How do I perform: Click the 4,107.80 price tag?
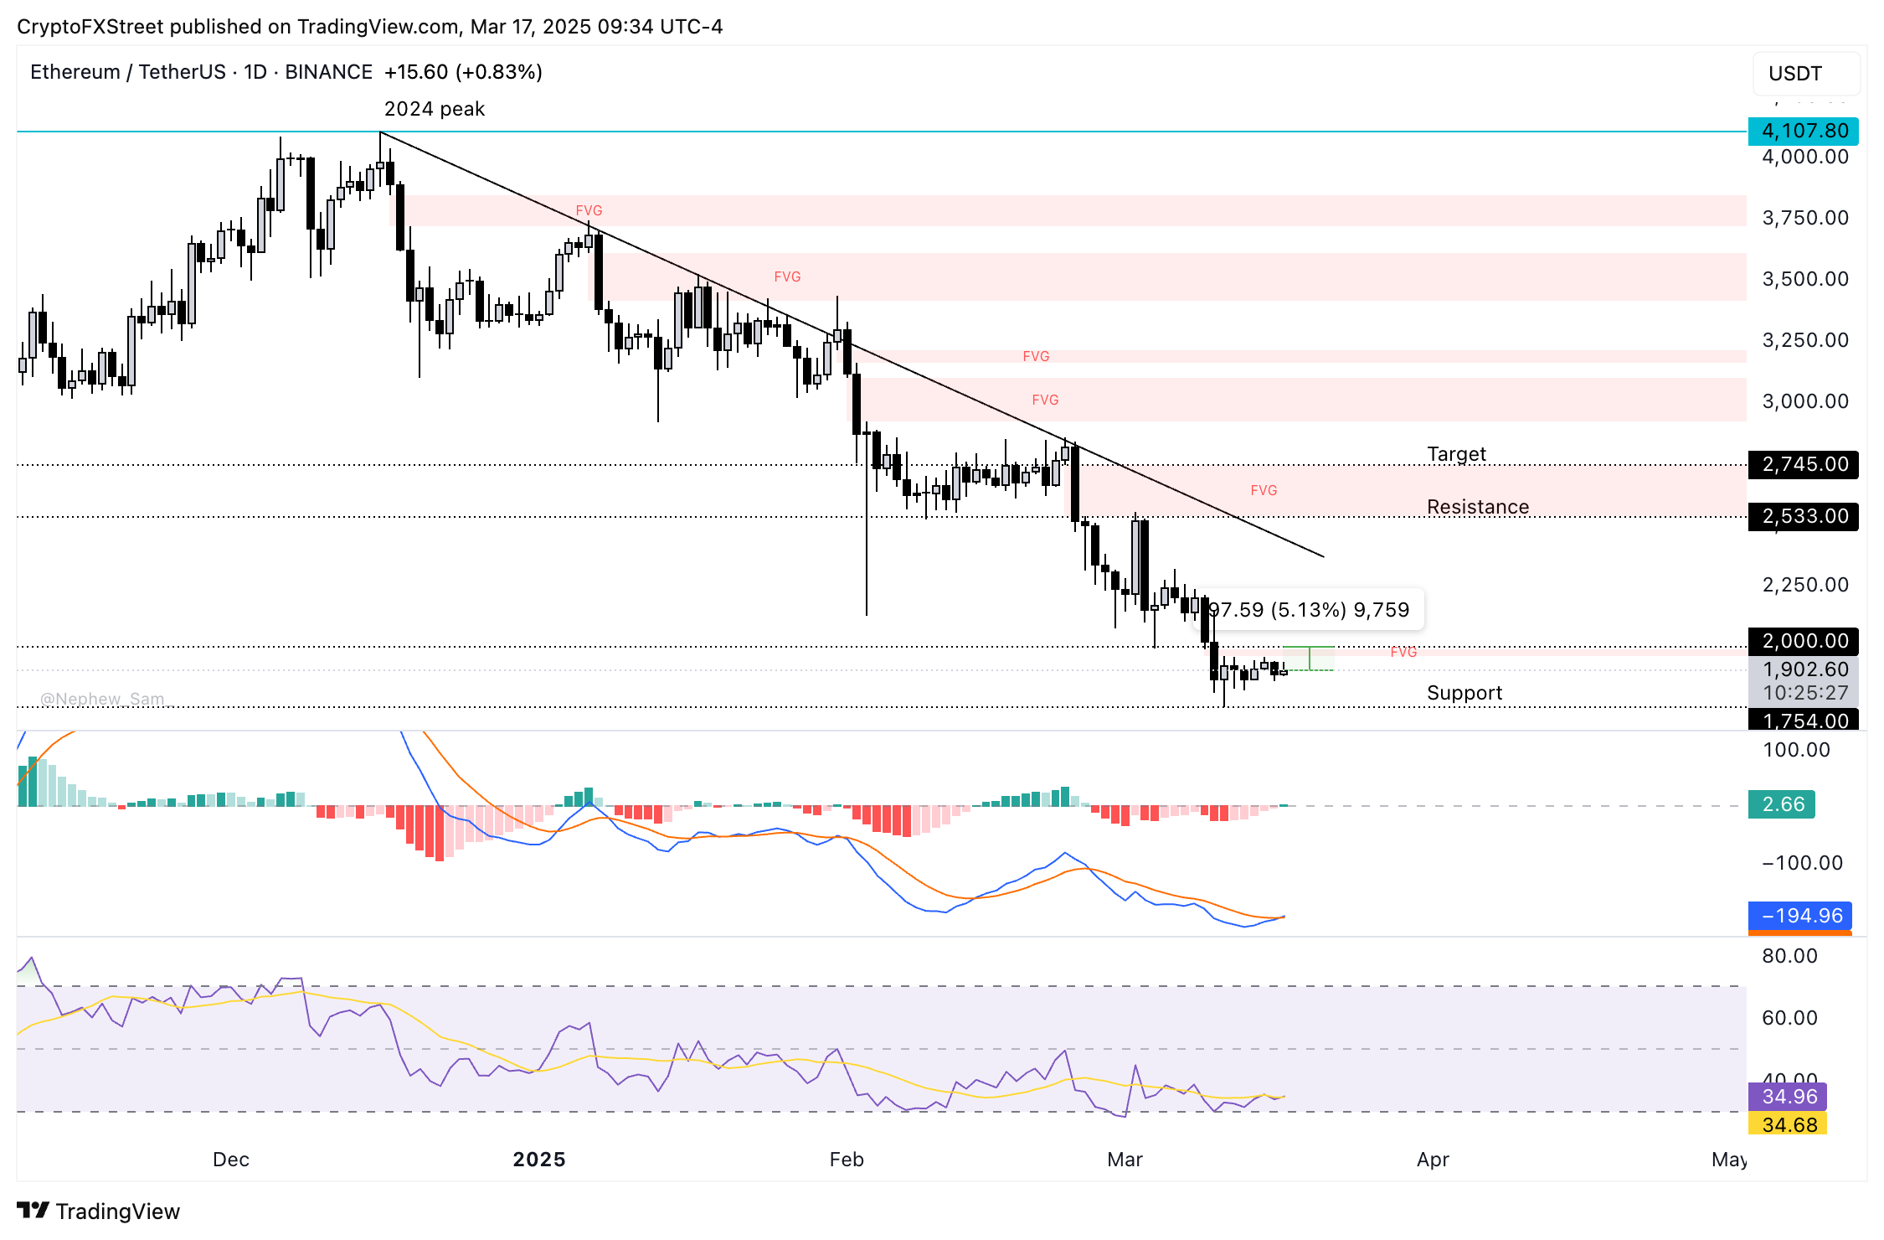pyautogui.click(x=1803, y=131)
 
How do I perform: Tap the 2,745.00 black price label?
pyautogui.click(x=1803, y=464)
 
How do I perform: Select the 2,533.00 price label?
pyautogui.click(x=1803, y=516)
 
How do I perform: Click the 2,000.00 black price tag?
pyautogui.click(x=1803, y=641)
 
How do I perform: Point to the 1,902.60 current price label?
pyautogui.click(x=1803, y=669)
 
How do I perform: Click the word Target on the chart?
pyautogui.click(x=1456, y=454)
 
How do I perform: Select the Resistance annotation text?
pyautogui.click(x=1477, y=507)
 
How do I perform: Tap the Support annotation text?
pyautogui.click(x=1464, y=693)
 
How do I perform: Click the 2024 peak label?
pyautogui.click(x=434, y=109)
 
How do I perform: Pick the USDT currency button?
pyautogui.click(x=1804, y=74)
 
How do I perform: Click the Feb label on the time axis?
pyautogui.click(x=846, y=1160)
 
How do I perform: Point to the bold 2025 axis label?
pyautogui.click(x=538, y=1160)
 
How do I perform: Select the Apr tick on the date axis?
pyautogui.click(x=1432, y=1160)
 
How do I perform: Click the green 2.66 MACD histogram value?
pyautogui.click(x=1781, y=804)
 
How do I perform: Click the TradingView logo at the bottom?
pyautogui.click(x=99, y=1212)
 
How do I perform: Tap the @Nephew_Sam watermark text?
pyautogui.click(x=102, y=699)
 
